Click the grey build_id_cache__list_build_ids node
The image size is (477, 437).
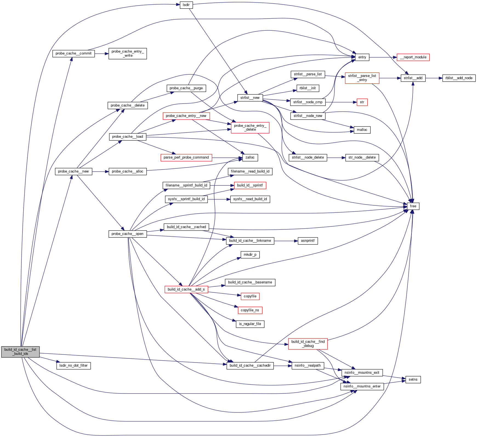click(20, 352)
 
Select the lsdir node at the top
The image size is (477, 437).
click(186, 5)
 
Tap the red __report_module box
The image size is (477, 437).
click(413, 57)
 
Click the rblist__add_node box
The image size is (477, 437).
click(459, 78)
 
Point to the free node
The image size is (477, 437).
click(413, 206)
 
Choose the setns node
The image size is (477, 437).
click(413, 380)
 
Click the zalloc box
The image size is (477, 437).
click(250, 157)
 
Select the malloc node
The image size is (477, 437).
click(362, 130)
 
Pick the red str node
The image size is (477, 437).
click(362, 102)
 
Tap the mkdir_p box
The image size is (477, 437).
click(250, 255)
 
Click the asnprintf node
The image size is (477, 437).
click(308, 241)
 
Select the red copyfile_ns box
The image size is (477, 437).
click(250, 310)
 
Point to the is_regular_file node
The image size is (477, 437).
click(250, 324)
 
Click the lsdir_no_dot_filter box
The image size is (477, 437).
click(73, 366)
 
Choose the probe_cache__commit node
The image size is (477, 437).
click(73, 53)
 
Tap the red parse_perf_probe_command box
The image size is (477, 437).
click(186, 157)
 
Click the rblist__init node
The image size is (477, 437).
click(308, 88)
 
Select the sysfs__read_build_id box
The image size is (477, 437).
click(250, 199)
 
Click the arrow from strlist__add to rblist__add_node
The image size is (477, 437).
click(434, 78)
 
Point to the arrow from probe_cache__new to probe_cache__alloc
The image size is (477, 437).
click(100, 171)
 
